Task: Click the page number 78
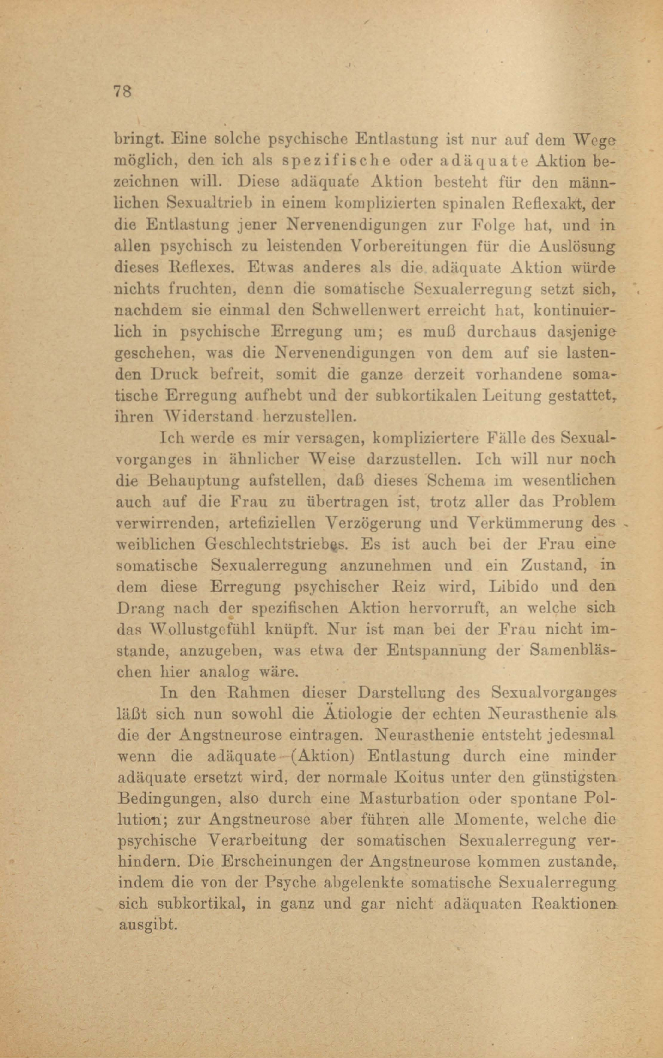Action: point(123,92)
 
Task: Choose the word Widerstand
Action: point(208,417)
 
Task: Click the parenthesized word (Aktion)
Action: point(321,757)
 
